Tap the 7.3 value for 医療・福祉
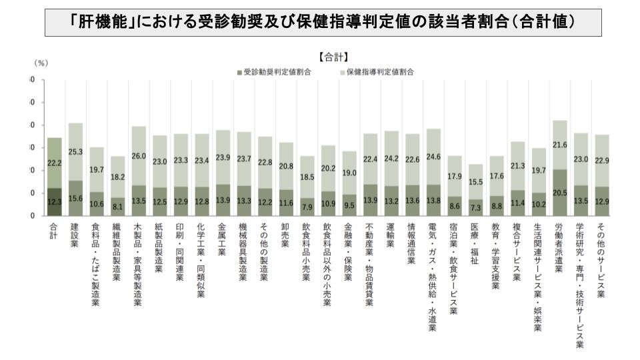[x=475, y=209]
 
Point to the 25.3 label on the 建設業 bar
[x=75, y=152]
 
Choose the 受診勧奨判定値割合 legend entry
[x=277, y=71]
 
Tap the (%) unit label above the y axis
[x=41, y=63]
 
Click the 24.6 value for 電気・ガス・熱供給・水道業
[x=433, y=157]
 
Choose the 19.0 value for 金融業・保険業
[x=349, y=171]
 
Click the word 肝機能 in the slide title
[x=101, y=22]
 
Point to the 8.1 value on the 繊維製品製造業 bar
[x=117, y=206]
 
